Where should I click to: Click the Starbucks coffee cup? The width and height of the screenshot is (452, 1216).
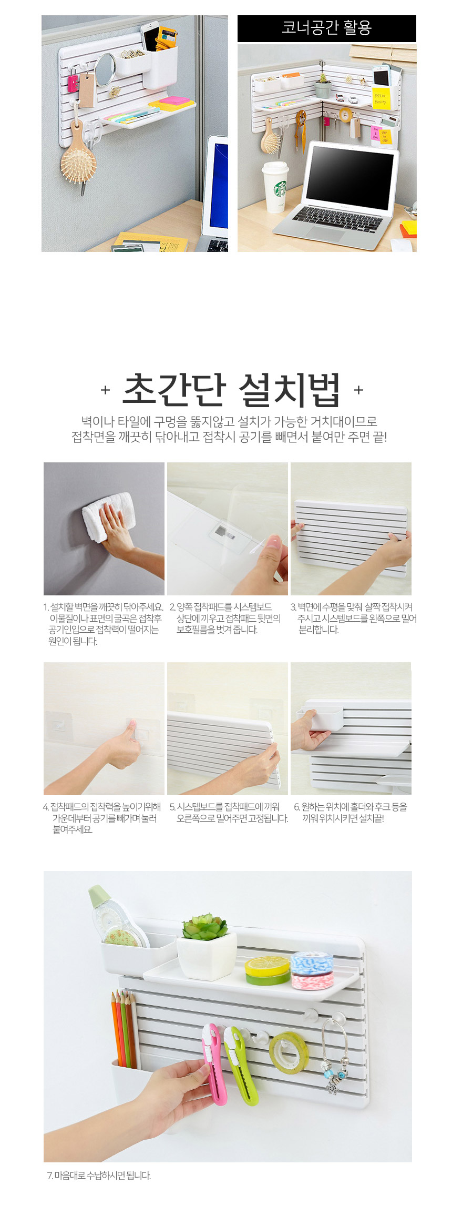tap(275, 187)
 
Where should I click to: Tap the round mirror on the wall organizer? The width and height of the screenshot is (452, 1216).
tap(106, 69)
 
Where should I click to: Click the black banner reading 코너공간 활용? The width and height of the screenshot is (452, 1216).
tap(327, 28)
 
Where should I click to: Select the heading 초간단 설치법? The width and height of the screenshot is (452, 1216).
tap(231, 390)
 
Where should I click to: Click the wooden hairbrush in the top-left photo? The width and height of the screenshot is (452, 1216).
tap(79, 158)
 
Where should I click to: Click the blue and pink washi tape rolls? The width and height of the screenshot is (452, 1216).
tap(312, 970)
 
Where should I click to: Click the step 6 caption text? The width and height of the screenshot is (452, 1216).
tap(351, 812)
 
